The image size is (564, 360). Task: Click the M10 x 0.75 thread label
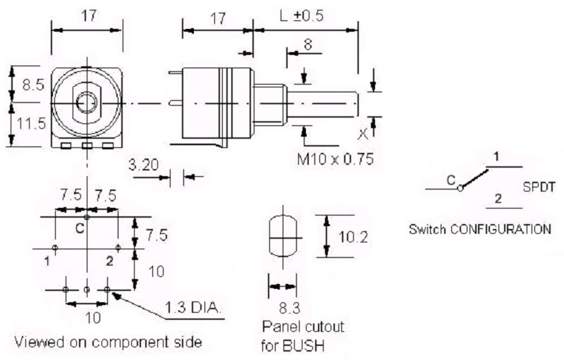(336, 159)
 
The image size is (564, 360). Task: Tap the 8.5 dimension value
(33, 85)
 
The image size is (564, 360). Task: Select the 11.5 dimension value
(32, 123)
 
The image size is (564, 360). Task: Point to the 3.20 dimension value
(144, 165)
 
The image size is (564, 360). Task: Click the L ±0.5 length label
(302, 15)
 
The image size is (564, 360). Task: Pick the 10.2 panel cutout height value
(353, 237)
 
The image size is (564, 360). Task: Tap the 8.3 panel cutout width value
(290, 308)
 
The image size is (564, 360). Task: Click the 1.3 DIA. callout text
(192, 307)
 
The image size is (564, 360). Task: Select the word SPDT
(539, 187)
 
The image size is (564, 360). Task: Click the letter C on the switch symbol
(451, 180)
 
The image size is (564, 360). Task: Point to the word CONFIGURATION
(501, 229)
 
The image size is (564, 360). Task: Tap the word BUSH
(303, 346)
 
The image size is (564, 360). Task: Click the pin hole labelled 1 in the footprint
(55, 247)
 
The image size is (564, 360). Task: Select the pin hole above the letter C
(87, 217)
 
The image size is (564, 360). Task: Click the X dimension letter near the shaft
(363, 135)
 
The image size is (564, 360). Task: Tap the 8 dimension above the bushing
(308, 44)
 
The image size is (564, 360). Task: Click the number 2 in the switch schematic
(498, 199)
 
